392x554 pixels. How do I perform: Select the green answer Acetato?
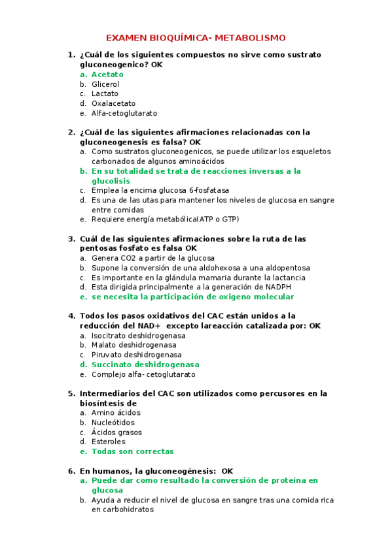[x=107, y=74]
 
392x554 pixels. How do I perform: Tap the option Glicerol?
[x=105, y=84]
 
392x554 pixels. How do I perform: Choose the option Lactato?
[x=105, y=93]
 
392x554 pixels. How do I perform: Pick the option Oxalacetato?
[x=113, y=103]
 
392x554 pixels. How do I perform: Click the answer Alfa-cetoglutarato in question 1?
[x=124, y=113]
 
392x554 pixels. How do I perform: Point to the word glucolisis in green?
[x=111, y=181]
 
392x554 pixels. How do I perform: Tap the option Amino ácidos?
[x=116, y=413]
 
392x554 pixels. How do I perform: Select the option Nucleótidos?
[x=114, y=423]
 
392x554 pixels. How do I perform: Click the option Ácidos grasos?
[x=116, y=432]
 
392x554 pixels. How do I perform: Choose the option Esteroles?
[x=108, y=442]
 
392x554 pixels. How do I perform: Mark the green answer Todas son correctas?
[x=132, y=451]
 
